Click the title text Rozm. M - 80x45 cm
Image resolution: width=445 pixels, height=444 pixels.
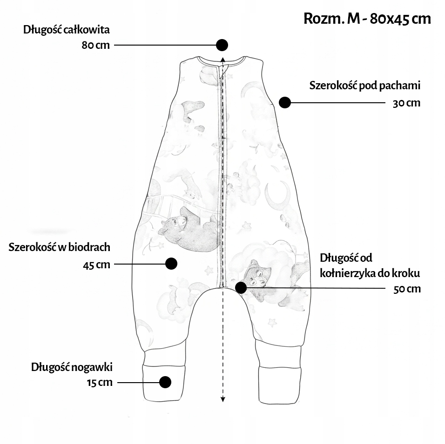pyautogui.click(x=367, y=19)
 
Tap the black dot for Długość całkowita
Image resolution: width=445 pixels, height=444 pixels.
pyautogui.click(x=222, y=45)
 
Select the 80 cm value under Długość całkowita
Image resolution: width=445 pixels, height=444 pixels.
pyautogui.click(x=96, y=46)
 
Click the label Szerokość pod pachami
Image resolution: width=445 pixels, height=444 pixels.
pyautogui.click(x=365, y=86)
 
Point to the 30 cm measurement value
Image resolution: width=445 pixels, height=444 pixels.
pyautogui.click(x=406, y=103)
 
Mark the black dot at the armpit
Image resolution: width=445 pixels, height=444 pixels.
pyautogui.click(x=285, y=102)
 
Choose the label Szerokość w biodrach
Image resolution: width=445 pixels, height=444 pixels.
pyautogui.click(x=59, y=247)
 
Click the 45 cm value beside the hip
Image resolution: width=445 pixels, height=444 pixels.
pyautogui.click(x=96, y=265)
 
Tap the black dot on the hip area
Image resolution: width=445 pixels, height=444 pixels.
pyautogui.click(x=171, y=264)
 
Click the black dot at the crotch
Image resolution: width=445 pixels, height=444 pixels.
pyautogui.click(x=241, y=287)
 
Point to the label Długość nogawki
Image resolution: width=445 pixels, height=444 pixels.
pyautogui.click(x=72, y=367)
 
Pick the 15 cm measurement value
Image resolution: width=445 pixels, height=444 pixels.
pyautogui.click(x=99, y=383)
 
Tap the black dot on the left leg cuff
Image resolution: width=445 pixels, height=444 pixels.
pyautogui.click(x=165, y=382)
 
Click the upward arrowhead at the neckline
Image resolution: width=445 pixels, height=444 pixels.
pyautogui.click(x=223, y=60)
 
